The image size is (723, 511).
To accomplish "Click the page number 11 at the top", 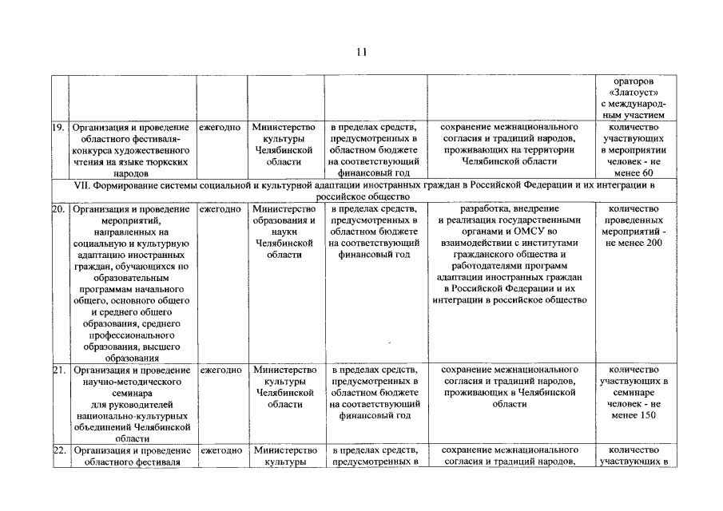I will coord(361,52).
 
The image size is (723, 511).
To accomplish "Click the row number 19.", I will coord(58,127).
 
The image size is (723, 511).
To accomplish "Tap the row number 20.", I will coord(58,209).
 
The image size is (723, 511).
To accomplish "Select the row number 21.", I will coord(58,370).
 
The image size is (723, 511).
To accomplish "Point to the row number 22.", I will coord(58,451).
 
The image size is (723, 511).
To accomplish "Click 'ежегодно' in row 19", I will coord(220,127).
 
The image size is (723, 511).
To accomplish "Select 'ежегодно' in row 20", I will coord(220,209).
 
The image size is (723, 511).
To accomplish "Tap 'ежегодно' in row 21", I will coord(220,370).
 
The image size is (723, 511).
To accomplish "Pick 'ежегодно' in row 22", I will coord(220,451).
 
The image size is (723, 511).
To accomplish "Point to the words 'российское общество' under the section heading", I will coord(361,196).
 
